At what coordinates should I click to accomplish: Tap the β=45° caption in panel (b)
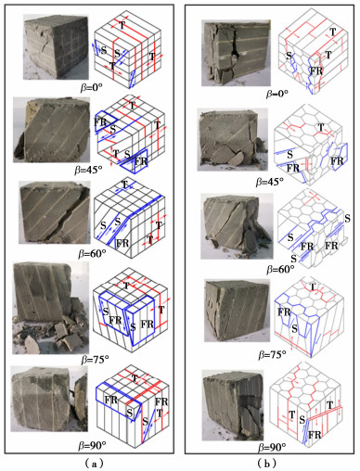coord(269,182)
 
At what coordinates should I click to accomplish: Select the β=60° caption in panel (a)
coord(93,254)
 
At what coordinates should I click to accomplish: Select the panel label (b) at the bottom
coord(267,464)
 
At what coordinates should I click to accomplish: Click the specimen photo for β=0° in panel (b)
coord(236,53)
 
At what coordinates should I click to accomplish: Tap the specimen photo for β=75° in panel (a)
coord(51,308)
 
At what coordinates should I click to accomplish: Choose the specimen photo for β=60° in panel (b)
coord(237,226)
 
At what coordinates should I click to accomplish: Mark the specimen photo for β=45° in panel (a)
coord(52,130)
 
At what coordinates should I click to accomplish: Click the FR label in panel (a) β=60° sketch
coord(122,243)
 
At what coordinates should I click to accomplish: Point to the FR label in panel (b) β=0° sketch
coord(316,71)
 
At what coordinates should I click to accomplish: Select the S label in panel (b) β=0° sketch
coord(289,56)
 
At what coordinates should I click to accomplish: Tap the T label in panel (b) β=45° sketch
coord(321,127)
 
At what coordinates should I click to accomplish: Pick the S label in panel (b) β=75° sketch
coord(295,329)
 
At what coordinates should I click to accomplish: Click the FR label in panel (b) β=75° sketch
coord(284,312)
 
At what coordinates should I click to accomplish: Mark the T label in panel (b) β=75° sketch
coord(313,286)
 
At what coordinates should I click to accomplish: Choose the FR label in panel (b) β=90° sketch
coord(315,435)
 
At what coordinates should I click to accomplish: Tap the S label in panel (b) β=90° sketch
coord(302,420)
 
